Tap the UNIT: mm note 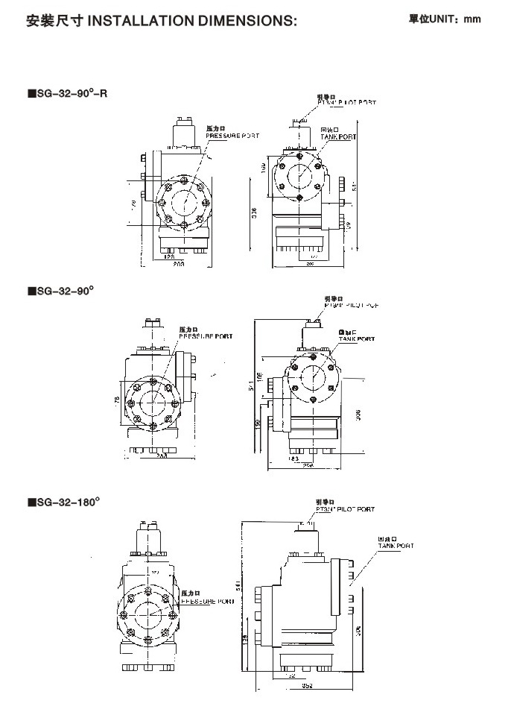tap(445, 19)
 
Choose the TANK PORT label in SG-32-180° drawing tap(395, 546)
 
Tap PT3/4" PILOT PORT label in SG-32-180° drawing tap(345, 509)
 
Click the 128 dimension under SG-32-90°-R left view tap(168, 256)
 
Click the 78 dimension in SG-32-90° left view tap(117, 400)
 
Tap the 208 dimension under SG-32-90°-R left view tap(179, 263)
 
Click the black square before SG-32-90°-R tap(31, 93)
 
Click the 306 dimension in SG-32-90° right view tap(358, 413)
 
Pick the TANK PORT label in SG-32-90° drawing tap(357, 338)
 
